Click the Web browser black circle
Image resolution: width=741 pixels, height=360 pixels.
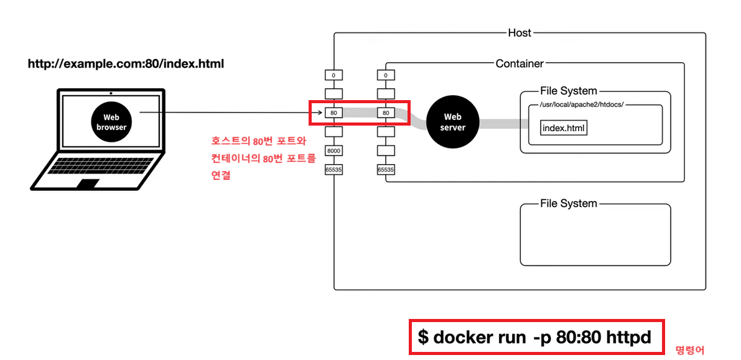pos(111,122)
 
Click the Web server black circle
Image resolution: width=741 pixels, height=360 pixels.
pos(452,122)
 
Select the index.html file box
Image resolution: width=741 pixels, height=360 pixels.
pos(564,128)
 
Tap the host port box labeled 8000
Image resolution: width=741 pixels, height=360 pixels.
pos(334,151)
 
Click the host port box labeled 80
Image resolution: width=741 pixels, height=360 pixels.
pos(334,113)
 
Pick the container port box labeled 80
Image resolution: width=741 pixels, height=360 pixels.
pos(386,113)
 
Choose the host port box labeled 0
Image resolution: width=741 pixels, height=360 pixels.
pos(334,75)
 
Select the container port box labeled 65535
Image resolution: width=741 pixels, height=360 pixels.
pos(386,169)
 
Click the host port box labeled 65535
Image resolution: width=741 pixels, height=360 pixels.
pos(334,169)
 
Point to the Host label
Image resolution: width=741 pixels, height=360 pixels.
pos(520,33)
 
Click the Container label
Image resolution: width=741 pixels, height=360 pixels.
pos(520,63)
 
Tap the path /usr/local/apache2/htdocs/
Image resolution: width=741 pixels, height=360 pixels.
pos(576,104)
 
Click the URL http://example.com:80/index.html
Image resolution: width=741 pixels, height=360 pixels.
pos(125,64)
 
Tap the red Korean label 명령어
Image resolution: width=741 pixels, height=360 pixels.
pos(690,350)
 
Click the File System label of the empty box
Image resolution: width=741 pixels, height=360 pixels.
pos(568,203)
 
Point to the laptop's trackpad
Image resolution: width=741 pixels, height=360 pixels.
pos(87,183)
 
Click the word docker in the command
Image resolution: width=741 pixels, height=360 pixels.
pos(460,337)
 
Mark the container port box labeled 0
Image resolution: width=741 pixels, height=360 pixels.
pos(386,75)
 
